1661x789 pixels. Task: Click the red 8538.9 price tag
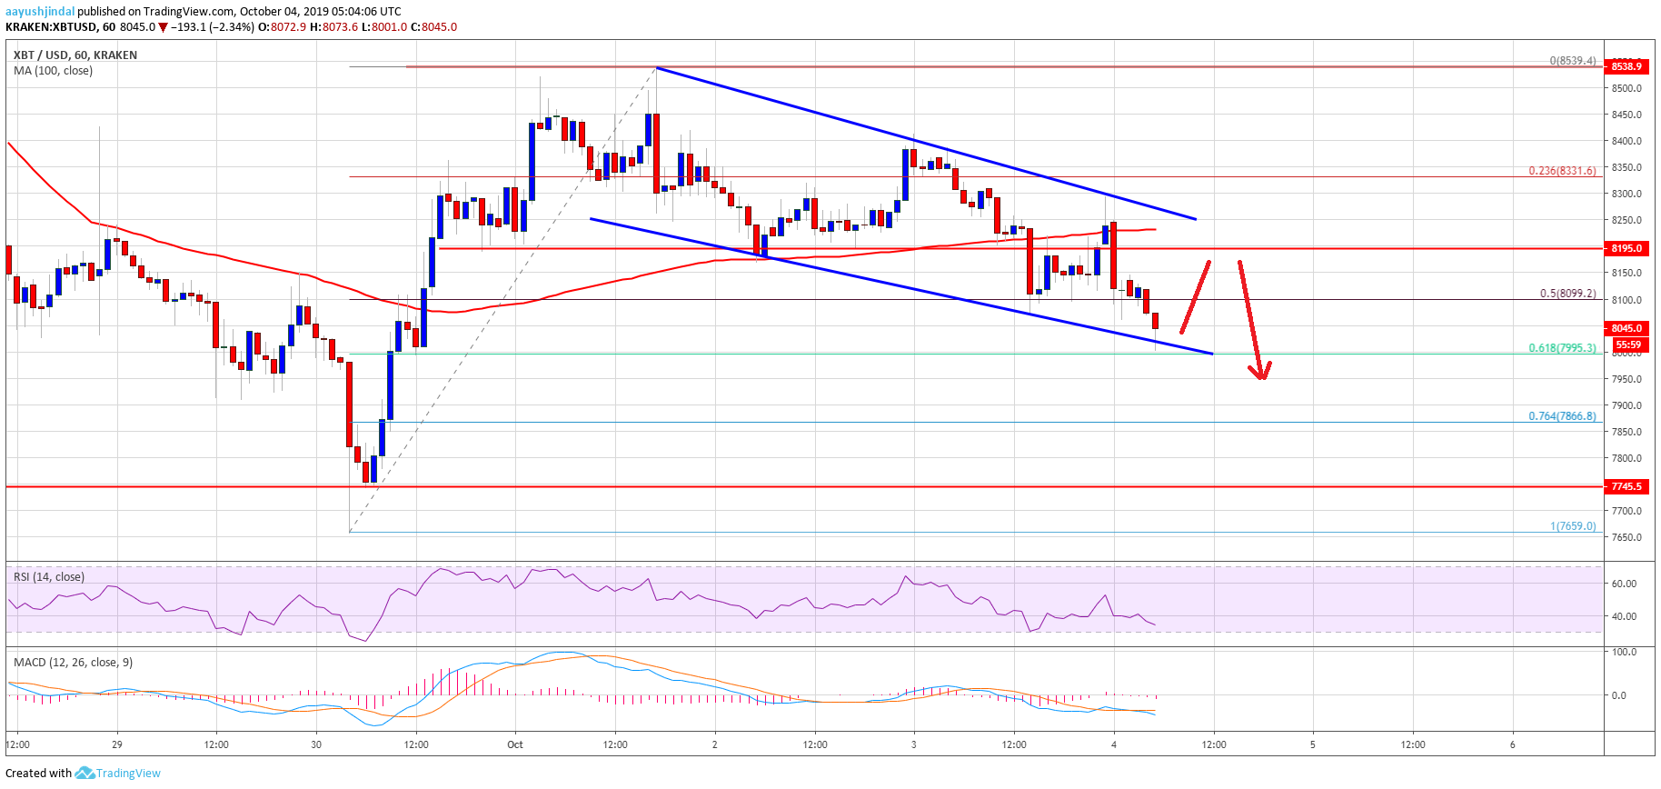tap(1626, 66)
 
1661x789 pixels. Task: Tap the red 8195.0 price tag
tap(1626, 248)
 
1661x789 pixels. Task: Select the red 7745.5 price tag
tap(1626, 486)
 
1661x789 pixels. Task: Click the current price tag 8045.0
tap(1626, 328)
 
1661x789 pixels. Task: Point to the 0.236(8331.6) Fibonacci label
tap(1561, 170)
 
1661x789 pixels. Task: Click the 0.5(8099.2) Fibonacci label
tap(1567, 293)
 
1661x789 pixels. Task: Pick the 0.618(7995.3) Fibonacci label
tap(1561, 347)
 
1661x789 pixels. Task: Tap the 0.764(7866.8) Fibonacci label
tap(1561, 415)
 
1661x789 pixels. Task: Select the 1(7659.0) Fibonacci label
tap(1572, 525)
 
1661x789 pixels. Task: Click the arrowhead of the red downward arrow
tap(1260, 373)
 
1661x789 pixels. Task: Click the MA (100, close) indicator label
tap(53, 71)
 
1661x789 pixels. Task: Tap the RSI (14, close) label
tap(48, 576)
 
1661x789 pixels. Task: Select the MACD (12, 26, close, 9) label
tap(73, 662)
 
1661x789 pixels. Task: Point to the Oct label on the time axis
tap(515, 744)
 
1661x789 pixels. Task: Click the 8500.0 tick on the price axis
tap(1626, 88)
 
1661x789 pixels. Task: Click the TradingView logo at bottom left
tap(118, 773)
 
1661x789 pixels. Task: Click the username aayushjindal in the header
tap(40, 11)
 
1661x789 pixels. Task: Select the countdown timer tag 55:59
tap(1627, 345)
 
